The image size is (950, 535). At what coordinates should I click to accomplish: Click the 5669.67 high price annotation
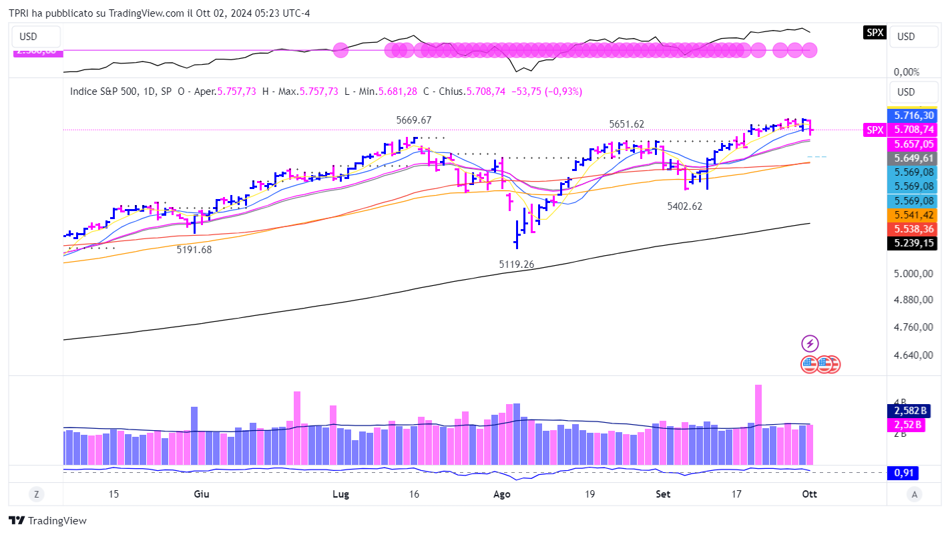[x=414, y=120]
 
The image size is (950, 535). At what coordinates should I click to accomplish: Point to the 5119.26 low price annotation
[x=516, y=264]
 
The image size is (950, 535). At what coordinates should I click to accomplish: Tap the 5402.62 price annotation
[x=684, y=206]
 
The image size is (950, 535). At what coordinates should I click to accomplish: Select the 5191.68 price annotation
[x=194, y=249]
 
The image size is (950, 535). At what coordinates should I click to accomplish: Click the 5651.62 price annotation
[x=626, y=124]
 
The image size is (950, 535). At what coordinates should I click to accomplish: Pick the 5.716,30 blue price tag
[x=911, y=116]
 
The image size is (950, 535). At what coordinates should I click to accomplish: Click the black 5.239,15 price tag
[x=911, y=244]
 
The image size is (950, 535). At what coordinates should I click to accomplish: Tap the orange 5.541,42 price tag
[x=911, y=215]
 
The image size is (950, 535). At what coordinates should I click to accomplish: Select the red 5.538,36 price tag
[x=911, y=229]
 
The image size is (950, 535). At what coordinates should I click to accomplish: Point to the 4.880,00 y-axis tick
[x=912, y=300]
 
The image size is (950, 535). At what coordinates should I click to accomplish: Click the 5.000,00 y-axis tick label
[x=912, y=273]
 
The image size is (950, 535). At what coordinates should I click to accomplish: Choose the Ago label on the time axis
[x=501, y=494]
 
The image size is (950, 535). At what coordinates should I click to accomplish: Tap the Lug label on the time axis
[x=340, y=494]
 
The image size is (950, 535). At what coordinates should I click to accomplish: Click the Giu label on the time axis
[x=201, y=494]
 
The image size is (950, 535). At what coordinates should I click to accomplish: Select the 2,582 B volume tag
[x=906, y=410]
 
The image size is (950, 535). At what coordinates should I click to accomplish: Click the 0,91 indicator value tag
[x=903, y=473]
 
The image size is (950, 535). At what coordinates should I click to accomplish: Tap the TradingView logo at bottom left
[x=47, y=521]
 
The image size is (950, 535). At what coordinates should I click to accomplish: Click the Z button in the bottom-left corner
[x=37, y=494]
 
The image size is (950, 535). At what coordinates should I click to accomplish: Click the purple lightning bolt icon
[x=810, y=344]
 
